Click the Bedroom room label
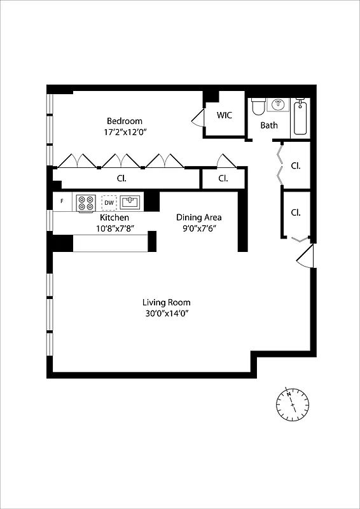[x=124, y=121]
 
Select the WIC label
[x=225, y=116]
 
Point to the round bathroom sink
[x=278, y=104]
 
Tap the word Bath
[x=269, y=125]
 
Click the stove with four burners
[x=86, y=203]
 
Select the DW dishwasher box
[x=109, y=202]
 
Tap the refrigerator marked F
[x=62, y=202]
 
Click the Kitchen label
[x=114, y=218]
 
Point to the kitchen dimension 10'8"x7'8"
[x=114, y=228]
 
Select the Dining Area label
[x=198, y=218]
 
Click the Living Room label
[x=166, y=302]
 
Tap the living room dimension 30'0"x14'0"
[x=166, y=314]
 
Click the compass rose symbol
[x=292, y=403]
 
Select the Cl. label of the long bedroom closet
[x=120, y=178]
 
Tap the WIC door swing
[x=198, y=119]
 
